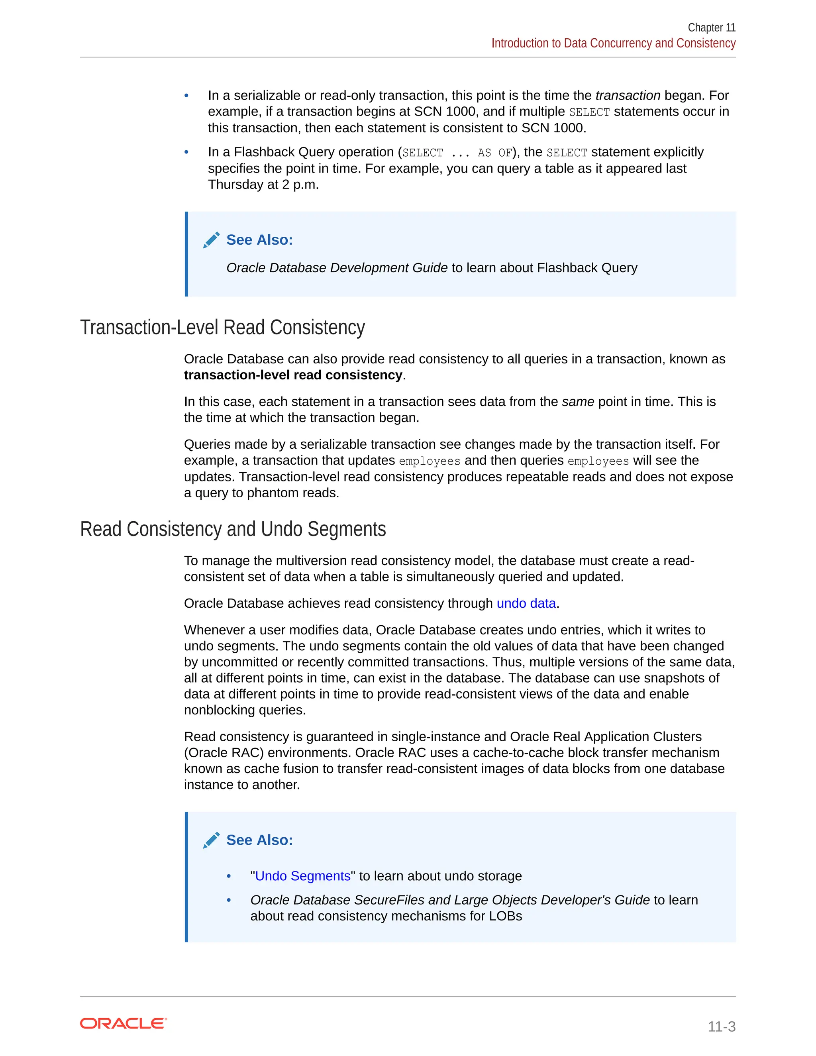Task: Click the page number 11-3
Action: (721, 1026)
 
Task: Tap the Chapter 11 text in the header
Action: (711, 27)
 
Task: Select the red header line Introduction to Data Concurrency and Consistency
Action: (613, 43)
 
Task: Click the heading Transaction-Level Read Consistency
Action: (222, 327)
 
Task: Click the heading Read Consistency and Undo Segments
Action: (233, 529)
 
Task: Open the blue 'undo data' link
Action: (526, 603)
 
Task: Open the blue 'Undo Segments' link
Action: (303, 876)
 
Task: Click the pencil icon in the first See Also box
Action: (211, 240)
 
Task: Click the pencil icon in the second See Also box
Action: (211, 840)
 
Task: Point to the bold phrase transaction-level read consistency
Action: (293, 375)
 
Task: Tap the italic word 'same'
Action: (578, 402)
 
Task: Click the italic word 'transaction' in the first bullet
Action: (628, 95)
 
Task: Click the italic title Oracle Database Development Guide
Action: (337, 268)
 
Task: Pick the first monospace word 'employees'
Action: (429, 461)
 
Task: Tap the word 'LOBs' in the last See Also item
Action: (506, 916)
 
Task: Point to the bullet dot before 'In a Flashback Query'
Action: (186, 152)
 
